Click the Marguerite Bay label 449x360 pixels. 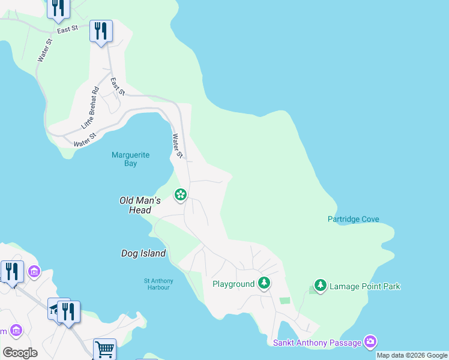[x=130, y=159]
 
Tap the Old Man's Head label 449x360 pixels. [x=140, y=205]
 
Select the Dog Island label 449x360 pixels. [x=143, y=254]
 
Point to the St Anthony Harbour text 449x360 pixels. [x=158, y=284]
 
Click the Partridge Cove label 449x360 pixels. [x=353, y=220]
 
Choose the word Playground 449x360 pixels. [x=234, y=284]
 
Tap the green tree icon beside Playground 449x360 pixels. [x=264, y=283]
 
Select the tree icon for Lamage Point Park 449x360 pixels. [x=321, y=286]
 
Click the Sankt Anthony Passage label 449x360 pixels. [x=317, y=343]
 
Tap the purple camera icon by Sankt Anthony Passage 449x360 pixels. [x=370, y=342]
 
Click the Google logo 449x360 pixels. [x=20, y=353]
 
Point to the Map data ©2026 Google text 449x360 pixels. [x=412, y=355]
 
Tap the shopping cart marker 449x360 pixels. [x=104, y=349]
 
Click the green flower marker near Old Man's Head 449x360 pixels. [x=180, y=195]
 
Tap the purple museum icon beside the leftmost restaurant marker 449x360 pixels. [x=34, y=272]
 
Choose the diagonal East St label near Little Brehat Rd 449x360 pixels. [x=118, y=86]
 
